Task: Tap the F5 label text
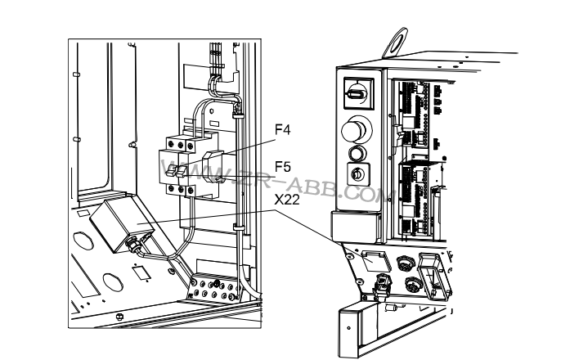click(x=282, y=166)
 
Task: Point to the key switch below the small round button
click(x=357, y=173)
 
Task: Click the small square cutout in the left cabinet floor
click(x=139, y=271)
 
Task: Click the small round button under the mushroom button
click(x=356, y=153)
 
